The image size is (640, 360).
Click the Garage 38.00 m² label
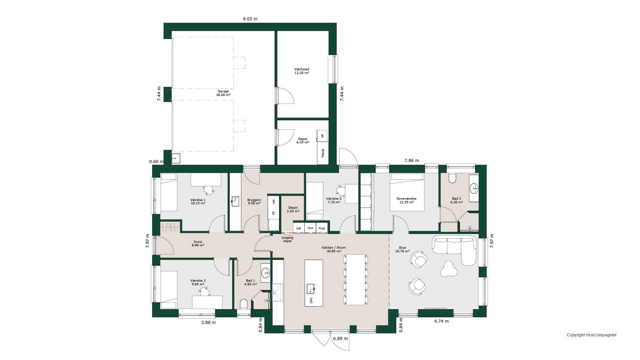point(223,93)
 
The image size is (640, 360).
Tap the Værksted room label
point(302,69)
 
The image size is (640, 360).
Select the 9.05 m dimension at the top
point(250,19)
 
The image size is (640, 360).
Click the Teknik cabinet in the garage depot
point(322,153)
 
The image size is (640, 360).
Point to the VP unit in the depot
point(322,136)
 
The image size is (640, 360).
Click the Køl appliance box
point(299,228)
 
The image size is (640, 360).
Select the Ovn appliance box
point(310,228)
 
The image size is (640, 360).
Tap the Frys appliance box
point(322,228)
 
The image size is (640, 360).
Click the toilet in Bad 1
point(244,304)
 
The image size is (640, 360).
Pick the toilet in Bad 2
point(452,178)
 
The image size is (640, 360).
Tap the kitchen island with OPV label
point(314,283)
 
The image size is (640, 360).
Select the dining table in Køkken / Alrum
point(356,280)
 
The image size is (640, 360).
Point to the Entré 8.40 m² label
point(198,244)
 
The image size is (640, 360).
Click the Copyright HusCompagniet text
point(592,335)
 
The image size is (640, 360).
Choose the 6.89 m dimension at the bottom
point(340,338)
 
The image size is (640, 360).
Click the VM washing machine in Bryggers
point(274,202)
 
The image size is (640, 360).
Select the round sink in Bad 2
point(474,189)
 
